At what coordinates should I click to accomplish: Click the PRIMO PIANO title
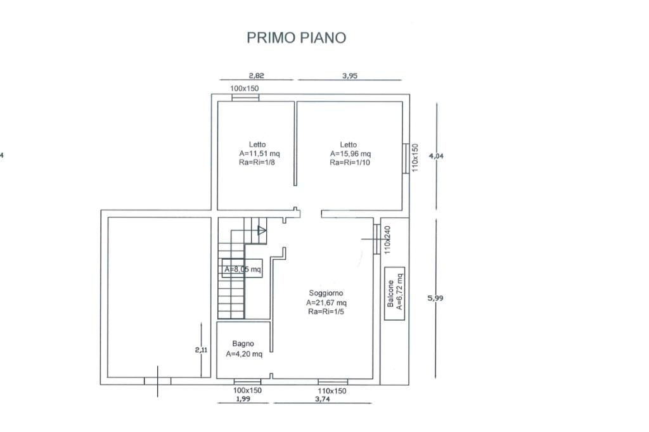point(297,37)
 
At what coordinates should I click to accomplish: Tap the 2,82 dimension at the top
point(256,75)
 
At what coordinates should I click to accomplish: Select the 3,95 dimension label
point(350,75)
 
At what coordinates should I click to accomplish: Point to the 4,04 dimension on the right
point(436,156)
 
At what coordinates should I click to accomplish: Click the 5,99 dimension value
point(435,298)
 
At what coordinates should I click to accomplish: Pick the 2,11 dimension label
point(201,350)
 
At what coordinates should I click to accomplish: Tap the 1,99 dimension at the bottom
point(243,399)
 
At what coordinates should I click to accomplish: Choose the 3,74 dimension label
point(323,399)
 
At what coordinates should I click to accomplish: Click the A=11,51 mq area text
point(259,153)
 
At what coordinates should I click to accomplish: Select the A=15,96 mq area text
point(350,153)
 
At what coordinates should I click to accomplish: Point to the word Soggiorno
point(326,293)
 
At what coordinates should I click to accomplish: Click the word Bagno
point(243,343)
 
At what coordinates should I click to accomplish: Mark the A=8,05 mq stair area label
point(243,269)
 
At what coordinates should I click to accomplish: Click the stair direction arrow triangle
point(262,231)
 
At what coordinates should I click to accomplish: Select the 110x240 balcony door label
point(387,240)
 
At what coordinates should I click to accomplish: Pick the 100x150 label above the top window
point(244,88)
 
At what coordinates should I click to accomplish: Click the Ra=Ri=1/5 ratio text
point(326,311)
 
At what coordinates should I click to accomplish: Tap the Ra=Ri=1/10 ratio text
point(350,162)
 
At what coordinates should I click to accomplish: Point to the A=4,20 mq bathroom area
point(244,354)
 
